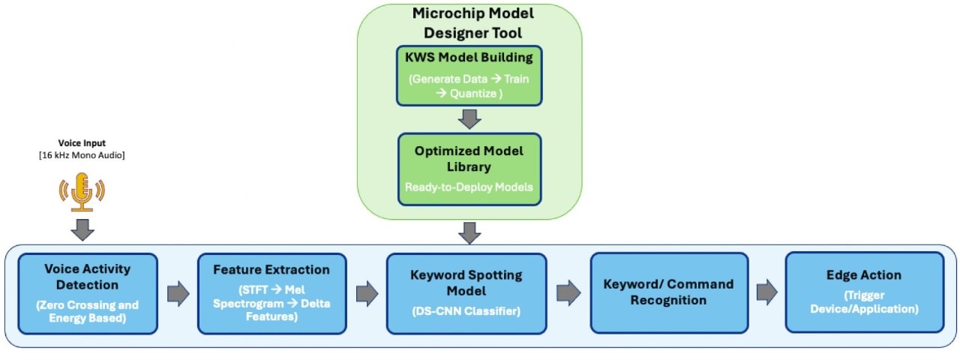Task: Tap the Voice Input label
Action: pyautogui.click(x=82, y=142)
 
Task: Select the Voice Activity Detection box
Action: pyautogui.click(x=88, y=293)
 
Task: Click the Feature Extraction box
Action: pyautogui.click(x=271, y=293)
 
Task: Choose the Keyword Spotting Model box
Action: pyautogui.click(x=466, y=293)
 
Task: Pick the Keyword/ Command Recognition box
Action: pyautogui.click(x=668, y=292)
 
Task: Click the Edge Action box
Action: pyautogui.click(x=864, y=292)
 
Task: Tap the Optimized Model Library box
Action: pyautogui.click(x=469, y=169)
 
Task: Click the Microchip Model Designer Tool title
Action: pyautogui.click(x=469, y=23)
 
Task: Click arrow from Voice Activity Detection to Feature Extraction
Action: pyautogui.click(x=178, y=293)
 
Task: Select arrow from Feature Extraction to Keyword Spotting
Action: pyautogui.click(x=367, y=293)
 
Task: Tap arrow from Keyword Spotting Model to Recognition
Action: pyautogui.click(x=568, y=293)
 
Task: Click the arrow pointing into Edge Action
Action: pyautogui.click(x=766, y=293)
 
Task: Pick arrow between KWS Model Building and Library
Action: pyautogui.click(x=469, y=118)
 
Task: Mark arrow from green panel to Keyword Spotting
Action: pyautogui.click(x=469, y=232)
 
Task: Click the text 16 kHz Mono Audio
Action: pyautogui.click(x=82, y=154)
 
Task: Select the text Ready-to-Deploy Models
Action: pyautogui.click(x=469, y=187)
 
